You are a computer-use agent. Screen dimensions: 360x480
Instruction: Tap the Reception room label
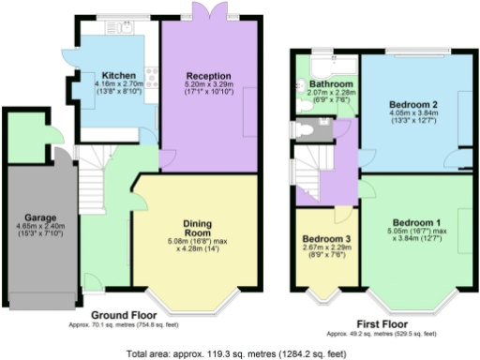coord(207,75)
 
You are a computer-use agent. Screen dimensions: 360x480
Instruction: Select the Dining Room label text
coord(198,226)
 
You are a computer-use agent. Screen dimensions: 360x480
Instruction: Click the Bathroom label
coord(325,83)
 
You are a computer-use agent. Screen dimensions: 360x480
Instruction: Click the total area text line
coord(240,353)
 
